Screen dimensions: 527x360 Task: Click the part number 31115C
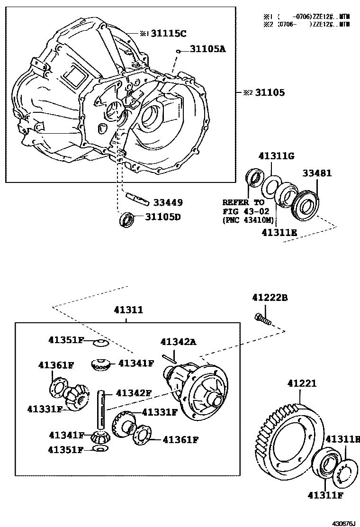169,33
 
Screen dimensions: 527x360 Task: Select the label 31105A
208,48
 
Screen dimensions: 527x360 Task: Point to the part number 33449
168,202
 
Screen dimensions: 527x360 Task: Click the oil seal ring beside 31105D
126,219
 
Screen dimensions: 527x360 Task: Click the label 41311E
279,233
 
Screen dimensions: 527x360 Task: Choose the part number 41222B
270,298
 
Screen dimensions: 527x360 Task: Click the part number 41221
301,383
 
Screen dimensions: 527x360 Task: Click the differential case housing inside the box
199,389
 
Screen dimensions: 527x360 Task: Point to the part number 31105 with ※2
270,93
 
